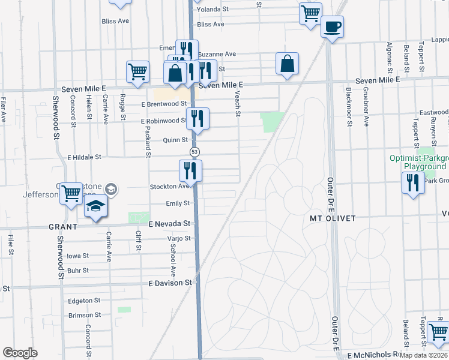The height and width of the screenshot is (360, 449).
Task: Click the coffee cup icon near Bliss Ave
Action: point(332,26)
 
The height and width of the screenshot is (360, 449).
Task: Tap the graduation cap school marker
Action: point(96,208)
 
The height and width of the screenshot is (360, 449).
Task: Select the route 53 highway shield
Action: point(194,151)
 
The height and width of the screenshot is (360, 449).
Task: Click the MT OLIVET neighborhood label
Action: point(333,218)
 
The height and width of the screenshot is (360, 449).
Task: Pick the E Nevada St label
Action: point(169,223)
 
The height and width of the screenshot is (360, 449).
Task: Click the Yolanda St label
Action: point(213,10)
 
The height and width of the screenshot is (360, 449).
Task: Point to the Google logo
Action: point(20,353)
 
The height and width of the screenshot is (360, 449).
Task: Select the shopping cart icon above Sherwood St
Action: point(71,193)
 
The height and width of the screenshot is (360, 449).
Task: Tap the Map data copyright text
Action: point(424,355)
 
